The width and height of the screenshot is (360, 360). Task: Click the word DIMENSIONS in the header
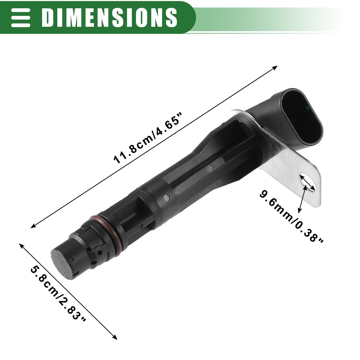(x=109, y=17)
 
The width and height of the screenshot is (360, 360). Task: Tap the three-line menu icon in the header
(x=21, y=18)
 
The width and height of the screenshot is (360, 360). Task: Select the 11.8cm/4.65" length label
(x=148, y=138)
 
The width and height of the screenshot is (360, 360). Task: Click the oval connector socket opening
(x=302, y=120)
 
